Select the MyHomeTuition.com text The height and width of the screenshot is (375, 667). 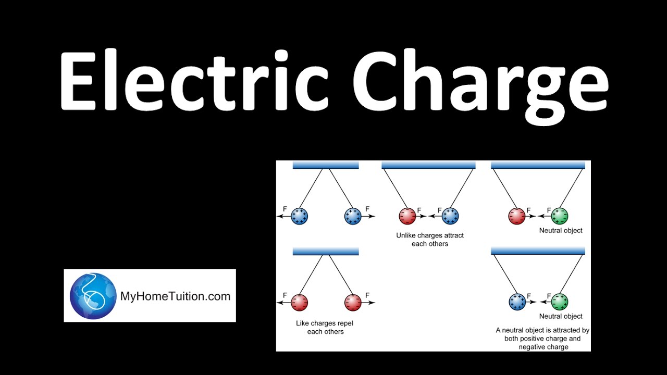point(175,296)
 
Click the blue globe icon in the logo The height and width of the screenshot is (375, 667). point(93,296)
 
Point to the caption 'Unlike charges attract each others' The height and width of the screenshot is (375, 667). point(430,240)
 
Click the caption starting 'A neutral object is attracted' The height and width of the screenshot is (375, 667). point(542,338)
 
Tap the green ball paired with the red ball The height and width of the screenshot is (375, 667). point(560,216)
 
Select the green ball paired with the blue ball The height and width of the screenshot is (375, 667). point(560,302)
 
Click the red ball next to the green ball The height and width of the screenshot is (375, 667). point(516,216)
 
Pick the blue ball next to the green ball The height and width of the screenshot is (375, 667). point(516,302)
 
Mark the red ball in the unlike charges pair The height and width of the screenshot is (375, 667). point(407,216)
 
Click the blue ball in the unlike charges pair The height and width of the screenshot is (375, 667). point(450,216)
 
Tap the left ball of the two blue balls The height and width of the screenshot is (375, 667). point(300,216)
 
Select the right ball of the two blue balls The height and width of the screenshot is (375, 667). point(353,216)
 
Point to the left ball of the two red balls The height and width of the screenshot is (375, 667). point(300,302)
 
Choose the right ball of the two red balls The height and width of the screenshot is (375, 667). point(353,302)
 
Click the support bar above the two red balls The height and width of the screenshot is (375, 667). point(326,252)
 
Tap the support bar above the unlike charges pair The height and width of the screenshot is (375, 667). point(428,165)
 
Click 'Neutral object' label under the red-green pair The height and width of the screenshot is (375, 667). point(561,230)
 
